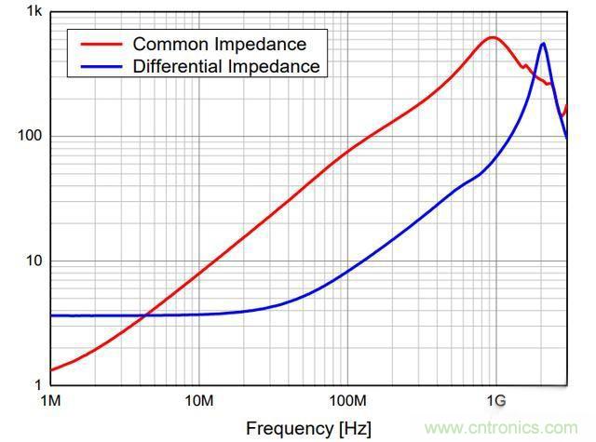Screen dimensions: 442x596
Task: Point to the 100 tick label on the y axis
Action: point(31,136)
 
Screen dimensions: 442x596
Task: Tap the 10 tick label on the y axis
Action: point(34,261)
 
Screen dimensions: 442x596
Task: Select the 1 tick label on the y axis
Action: point(37,384)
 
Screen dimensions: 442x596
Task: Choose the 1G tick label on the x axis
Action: point(495,401)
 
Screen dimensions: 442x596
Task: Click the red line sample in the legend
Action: point(100,44)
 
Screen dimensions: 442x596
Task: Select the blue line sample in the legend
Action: point(100,66)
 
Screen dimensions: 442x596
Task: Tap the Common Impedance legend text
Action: point(219,44)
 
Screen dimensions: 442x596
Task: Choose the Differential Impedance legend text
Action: point(226,66)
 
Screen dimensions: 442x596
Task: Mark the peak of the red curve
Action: point(493,37)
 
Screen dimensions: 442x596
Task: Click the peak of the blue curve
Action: point(543,43)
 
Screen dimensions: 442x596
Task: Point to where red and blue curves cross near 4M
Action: point(144,315)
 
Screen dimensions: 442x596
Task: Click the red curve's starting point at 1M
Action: point(50,370)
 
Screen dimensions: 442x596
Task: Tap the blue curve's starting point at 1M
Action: point(50,315)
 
